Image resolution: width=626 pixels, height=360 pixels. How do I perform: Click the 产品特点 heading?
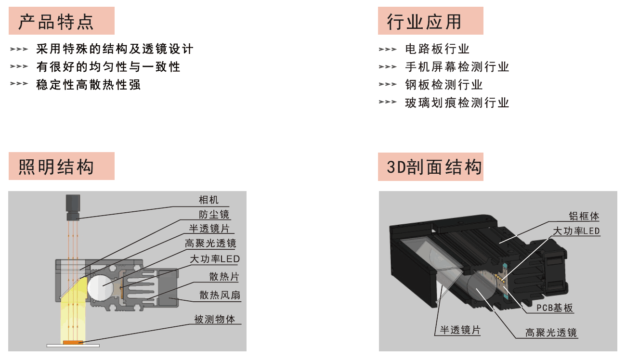click(x=56, y=22)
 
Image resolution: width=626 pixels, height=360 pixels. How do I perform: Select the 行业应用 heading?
click(x=424, y=22)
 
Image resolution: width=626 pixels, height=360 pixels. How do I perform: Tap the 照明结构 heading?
click(x=56, y=167)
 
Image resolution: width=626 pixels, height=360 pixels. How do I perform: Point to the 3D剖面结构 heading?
click(x=434, y=167)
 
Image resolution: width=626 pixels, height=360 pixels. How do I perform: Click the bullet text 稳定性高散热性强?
click(x=88, y=85)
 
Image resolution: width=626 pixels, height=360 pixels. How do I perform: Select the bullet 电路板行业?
click(x=437, y=49)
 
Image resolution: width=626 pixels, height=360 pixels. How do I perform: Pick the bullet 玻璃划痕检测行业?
click(x=457, y=103)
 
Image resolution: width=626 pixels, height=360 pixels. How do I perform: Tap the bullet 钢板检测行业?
click(x=444, y=85)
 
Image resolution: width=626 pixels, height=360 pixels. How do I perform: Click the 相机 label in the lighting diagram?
click(x=209, y=200)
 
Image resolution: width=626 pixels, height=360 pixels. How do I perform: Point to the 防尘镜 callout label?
click(x=214, y=215)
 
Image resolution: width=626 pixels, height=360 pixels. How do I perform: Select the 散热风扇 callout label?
click(x=220, y=295)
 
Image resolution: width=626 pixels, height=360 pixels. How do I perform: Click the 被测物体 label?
click(x=215, y=319)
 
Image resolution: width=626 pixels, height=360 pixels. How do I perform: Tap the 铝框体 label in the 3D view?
click(x=584, y=216)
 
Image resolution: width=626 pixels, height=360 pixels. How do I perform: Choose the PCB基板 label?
click(x=555, y=308)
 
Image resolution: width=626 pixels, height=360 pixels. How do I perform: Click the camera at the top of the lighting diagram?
click(x=73, y=207)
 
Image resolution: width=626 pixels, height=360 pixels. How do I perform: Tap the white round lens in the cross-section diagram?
click(x=100, y=288)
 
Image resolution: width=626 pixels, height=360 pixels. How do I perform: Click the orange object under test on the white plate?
click(x=73, y=342)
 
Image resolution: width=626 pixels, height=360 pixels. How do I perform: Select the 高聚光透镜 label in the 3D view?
click(x=551, y=333)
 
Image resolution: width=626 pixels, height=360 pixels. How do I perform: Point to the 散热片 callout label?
click(x=224, y=276)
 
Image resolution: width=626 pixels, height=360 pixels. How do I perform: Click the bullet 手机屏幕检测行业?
click(x=457, y=67)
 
